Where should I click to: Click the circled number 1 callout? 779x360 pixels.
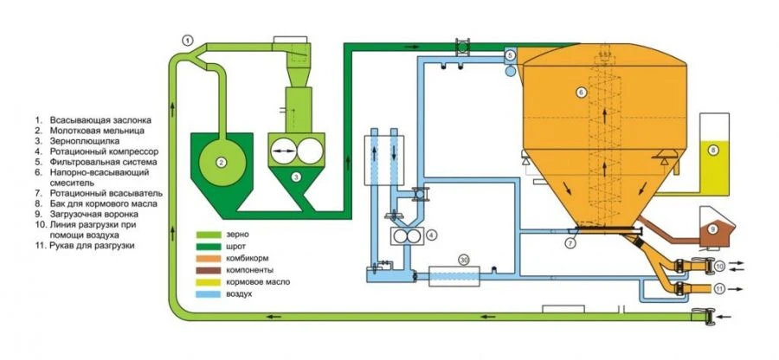point(188,38)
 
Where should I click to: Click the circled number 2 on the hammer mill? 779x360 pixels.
point(222,161)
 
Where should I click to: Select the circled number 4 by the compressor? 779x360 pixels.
point(430,235)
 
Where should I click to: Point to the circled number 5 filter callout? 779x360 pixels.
point(511,55)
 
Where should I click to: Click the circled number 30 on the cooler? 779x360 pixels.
point(464,259)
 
